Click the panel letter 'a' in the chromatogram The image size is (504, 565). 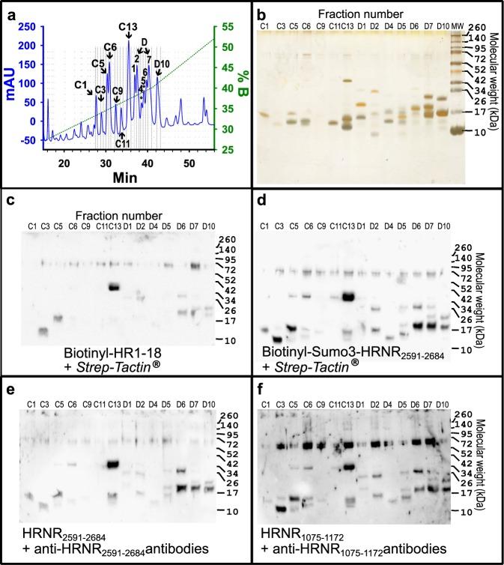pyautogui.click(x=9, y=10)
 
